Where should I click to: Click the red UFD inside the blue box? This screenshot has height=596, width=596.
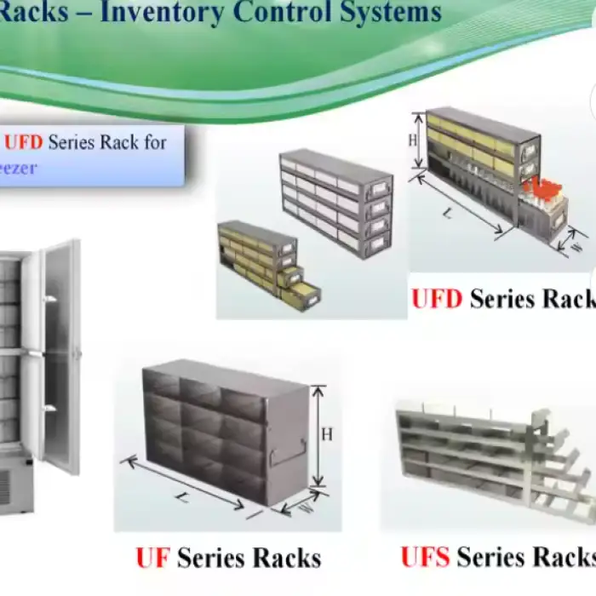[24, 141]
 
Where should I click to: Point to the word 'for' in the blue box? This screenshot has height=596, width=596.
[155, 141]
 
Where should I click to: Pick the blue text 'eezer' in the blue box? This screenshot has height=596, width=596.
[19, 168]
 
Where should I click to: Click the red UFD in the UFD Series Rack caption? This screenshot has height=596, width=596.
[437, 299]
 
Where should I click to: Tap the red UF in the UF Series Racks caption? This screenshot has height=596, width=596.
[153, 559]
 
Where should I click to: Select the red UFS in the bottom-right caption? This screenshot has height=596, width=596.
[426, 557]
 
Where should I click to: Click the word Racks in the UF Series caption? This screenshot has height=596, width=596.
[284, 559]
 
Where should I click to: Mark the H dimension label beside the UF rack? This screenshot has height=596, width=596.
[327, 434]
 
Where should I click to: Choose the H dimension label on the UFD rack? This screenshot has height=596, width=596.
[413, 140]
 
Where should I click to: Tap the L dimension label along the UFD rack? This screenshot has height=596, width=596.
[449, 214]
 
